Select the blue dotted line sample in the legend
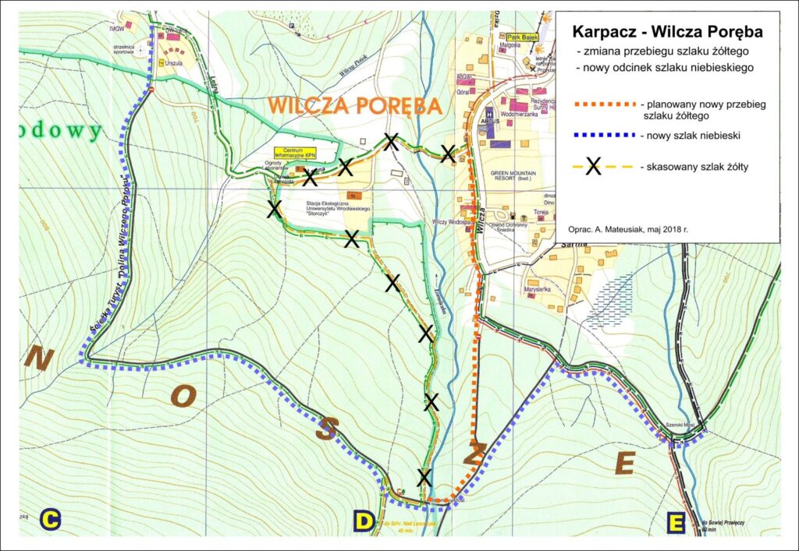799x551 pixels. pyautogui.click(x=604, y=136)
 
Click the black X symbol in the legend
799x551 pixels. pyautogui.click(x=593, y=165)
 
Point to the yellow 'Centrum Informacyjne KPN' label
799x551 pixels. pyautogui.click(x=294, y=152)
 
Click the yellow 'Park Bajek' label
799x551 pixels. pyautogui.click(x=522, y=36)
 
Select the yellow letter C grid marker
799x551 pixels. pyautogui.click(x=51, y=520)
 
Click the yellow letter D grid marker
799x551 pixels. pyautogui.click(x=364, y=521)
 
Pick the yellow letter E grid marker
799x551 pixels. pyautogui.click(x=676, y=521)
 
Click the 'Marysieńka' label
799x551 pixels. pyautogui.click(x=538, y=290)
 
